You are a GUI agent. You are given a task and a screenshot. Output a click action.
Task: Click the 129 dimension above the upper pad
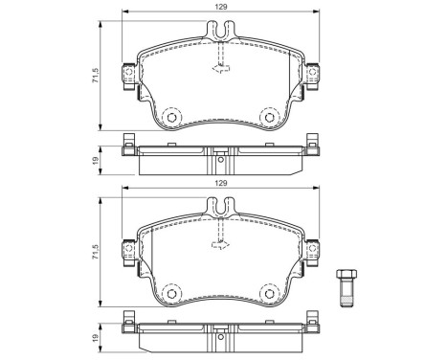(221, 8)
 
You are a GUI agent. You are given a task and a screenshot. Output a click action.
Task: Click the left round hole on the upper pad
(172, 118)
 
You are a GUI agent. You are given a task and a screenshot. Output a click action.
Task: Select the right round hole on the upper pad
(272, 118)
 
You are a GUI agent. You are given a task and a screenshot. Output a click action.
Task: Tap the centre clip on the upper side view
(222, 150)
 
